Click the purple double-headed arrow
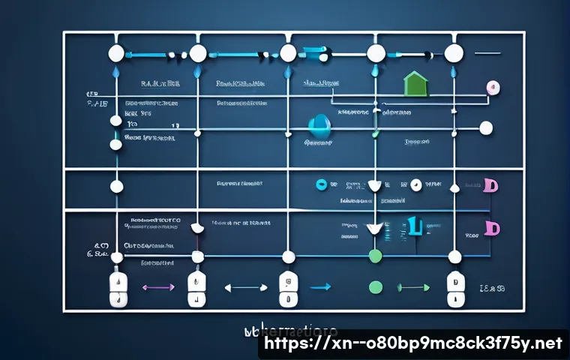tap(157, 286)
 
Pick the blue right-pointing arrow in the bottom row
tap(320, 286)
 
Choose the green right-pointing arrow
tap(413, 286)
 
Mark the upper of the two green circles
tap(376, 256)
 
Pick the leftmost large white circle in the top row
tap(116, 53)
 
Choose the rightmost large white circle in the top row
tap(454, 53)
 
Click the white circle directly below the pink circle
tap(486, 128)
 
